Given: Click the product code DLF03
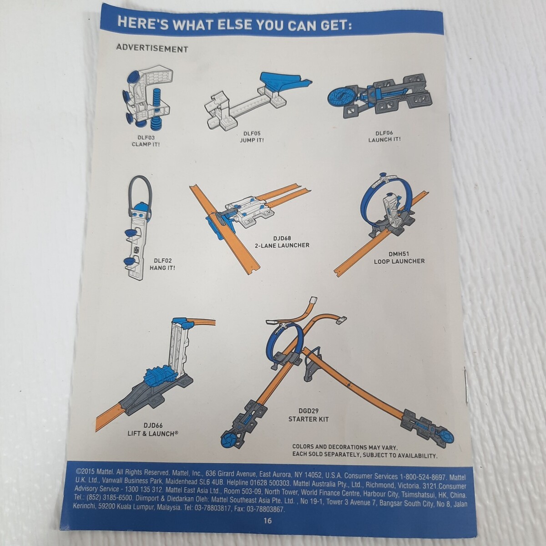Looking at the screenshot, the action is click(146, 138).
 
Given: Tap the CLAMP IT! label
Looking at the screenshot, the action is click(146, 144).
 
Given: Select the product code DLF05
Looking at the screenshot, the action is click(252, 133).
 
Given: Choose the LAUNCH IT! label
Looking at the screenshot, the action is click(384, 139).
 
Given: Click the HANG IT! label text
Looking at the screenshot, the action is click(162, 268).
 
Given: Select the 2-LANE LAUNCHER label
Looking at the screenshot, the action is click(282, 245).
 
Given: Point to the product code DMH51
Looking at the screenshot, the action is click(399, 254).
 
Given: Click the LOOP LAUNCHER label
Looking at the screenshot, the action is click(399, 261).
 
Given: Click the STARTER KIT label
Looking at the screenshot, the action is click(308, 419).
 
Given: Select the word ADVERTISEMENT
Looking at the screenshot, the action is click(152, 49).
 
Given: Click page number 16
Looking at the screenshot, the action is click(268, 521).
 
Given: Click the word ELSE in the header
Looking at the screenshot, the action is click(234, 24).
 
